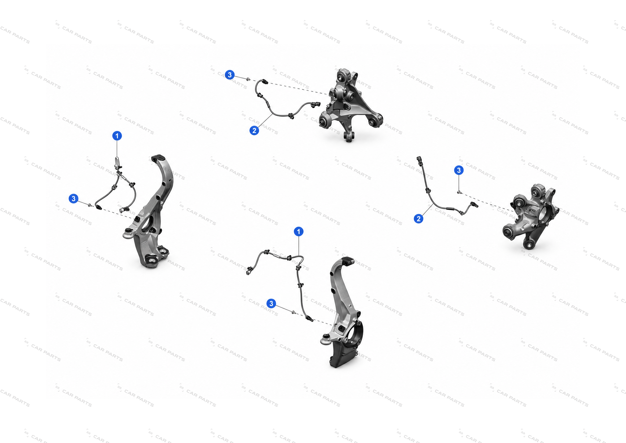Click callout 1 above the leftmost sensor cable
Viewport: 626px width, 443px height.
[117, 136]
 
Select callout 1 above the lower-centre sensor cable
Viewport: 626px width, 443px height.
[299, 232]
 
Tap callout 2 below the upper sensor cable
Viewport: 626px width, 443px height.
[254, 131]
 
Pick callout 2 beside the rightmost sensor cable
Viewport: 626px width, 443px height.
[419, 219]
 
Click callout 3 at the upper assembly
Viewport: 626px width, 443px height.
[229, 75]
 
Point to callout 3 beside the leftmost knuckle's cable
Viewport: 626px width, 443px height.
[74, 198]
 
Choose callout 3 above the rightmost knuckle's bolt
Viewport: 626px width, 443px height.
[459, 170]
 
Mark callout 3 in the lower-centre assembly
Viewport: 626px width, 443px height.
[271, 303]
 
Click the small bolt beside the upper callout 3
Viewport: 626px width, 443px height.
[248, 79]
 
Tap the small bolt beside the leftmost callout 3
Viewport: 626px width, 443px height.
[90, 205]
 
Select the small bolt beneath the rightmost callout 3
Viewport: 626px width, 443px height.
[459, 192]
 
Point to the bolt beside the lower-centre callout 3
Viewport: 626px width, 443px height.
[293, 312]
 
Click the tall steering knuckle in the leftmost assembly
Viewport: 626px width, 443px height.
[149, 212]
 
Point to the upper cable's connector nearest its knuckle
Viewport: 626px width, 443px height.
[315, 104]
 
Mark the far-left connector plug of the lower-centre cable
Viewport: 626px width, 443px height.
[249, 271]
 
